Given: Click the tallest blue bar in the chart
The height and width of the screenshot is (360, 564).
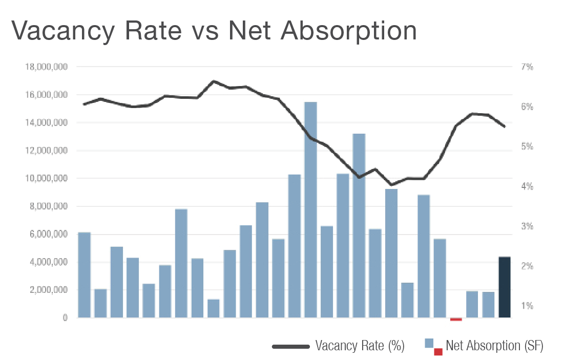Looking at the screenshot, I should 310,210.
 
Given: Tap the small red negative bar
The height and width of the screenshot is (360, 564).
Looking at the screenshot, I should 456,319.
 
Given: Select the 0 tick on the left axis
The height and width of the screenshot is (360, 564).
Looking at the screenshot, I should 65,318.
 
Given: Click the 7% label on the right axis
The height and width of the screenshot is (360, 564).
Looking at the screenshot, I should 527,67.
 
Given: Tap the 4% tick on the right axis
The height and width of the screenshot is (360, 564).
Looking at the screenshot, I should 527,186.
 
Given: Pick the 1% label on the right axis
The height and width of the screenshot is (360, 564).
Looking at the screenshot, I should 527,306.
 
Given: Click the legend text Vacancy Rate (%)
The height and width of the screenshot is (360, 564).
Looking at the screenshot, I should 360,346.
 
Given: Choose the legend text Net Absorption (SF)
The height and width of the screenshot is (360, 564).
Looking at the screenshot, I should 494,346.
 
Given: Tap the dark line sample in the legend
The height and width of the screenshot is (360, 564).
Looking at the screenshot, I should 291,347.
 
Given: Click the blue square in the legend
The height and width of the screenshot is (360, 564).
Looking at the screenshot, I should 429,343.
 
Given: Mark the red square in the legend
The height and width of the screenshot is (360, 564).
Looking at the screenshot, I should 438,352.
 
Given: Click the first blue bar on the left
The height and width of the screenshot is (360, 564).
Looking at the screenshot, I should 85,275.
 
